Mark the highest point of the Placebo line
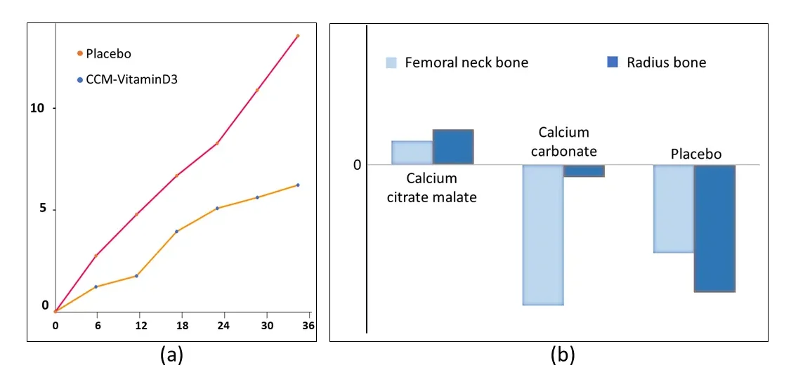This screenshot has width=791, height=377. coord(298,36)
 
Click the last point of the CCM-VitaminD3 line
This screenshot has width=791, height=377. coord(298,185)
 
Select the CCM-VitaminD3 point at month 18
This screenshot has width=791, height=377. coord(177,231)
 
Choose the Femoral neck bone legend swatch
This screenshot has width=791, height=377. coord(392,62)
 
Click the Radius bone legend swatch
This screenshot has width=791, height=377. coord(612,62)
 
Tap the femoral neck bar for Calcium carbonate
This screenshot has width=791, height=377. coord(543,234)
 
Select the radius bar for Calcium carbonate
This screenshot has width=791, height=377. coord(584,171)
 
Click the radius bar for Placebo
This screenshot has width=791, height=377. coord(714,228)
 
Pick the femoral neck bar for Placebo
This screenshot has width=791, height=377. coord(674,209)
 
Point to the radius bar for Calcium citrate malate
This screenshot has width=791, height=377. coord(453,147)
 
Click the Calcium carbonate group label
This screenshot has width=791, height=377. coord(563,141)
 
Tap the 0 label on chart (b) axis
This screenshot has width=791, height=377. coord(357,165)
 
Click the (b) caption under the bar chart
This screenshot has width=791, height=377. coord(562,356)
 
